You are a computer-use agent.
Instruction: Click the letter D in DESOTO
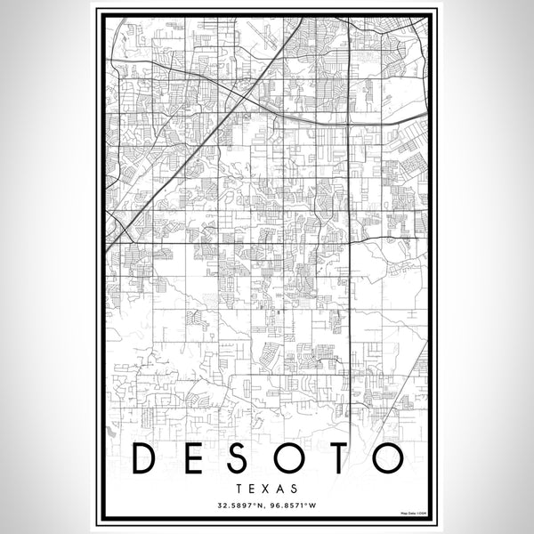pos(147,457)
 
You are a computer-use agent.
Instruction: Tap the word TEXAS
pos(267,489)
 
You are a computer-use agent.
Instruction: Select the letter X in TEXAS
pos(267,489)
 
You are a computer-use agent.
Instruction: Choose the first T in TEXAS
pos(241,489)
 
